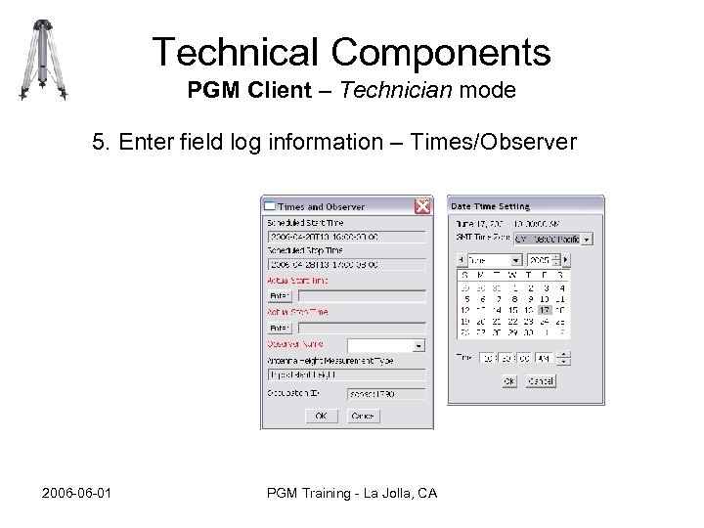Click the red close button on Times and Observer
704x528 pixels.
422,206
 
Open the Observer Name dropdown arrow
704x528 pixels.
419,345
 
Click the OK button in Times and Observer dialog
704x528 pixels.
320,416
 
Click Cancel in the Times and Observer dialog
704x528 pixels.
362,416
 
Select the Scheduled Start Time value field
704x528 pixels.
346,236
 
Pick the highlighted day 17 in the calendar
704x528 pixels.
545,310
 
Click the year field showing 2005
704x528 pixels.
539,261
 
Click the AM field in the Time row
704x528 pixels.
543,358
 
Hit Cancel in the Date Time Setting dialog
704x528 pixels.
540,380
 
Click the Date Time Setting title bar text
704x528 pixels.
490,206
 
